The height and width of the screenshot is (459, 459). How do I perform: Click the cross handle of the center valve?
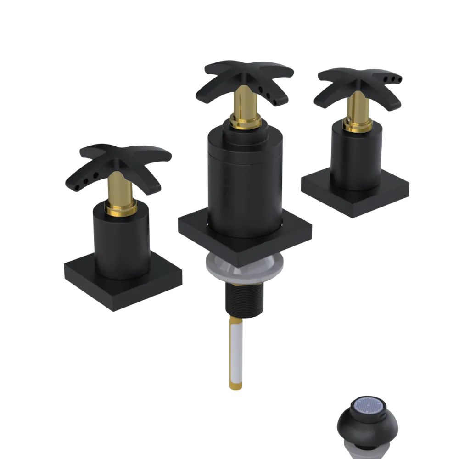click(248, 76)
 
